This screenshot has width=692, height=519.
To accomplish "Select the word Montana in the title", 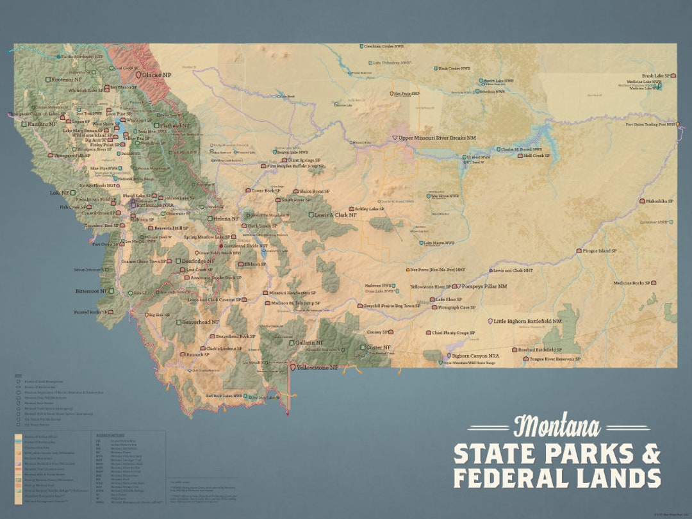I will pos(556,427).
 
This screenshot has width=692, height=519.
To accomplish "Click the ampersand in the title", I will pos(650,454).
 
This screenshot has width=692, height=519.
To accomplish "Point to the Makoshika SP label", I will pos(660,201).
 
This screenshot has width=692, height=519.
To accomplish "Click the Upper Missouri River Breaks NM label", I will pos(438,138).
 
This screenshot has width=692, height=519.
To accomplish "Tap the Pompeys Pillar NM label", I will pos(484,286).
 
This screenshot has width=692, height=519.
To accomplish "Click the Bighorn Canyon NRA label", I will pos(475,356).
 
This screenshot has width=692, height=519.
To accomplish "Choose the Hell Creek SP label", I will pos(537,156).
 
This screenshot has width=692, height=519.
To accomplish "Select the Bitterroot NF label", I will pos(93,290).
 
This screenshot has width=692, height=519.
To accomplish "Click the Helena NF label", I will pos(226,218).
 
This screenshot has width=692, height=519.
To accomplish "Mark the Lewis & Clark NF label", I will pos(335,215).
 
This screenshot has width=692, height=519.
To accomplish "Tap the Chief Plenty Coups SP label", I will pos(454,333).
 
